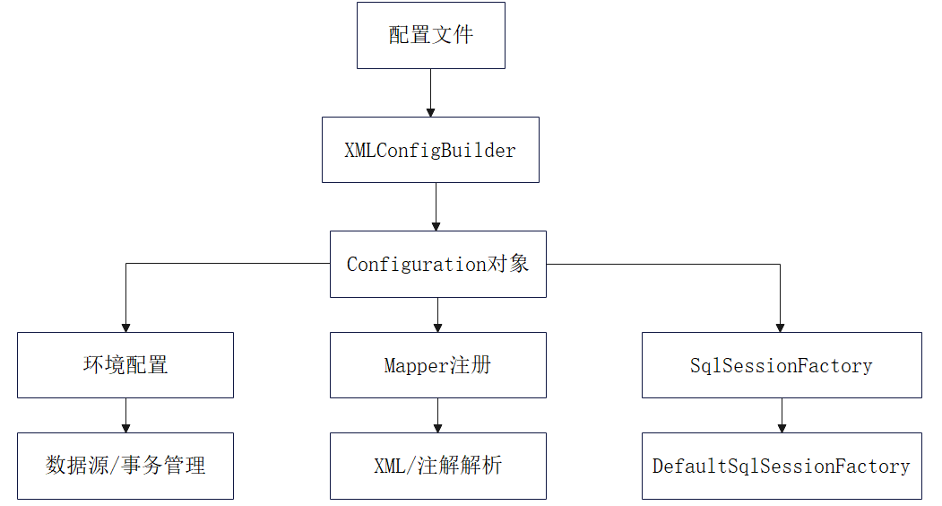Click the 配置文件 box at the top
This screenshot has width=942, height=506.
[x=430, y=36]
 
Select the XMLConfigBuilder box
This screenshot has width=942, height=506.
[x=430, y=150]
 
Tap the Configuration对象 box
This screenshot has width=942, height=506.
[x=437, y=265]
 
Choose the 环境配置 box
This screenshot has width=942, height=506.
[x=125, y=365]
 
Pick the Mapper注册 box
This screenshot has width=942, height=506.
[x=437, y=365]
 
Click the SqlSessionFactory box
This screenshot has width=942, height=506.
[x=782, y=365]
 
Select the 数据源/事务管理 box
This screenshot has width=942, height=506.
[x=125, y=466]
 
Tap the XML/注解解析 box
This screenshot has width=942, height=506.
[x=437, y=466]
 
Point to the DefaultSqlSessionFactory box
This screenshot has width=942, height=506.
[x=782, y=466]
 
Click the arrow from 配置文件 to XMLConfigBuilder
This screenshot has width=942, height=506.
[x=430, y=92]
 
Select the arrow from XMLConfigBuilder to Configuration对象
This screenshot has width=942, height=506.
[x=436, y=206]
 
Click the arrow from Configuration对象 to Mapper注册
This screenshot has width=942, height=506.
[x=437, y=315]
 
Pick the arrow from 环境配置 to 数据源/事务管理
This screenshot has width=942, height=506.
[x=125, y=415]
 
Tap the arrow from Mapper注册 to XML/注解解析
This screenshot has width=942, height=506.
[x=437, y=415]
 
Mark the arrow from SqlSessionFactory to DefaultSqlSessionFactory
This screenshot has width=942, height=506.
[x=782, y=415]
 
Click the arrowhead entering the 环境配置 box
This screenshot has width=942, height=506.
[x=125, y=327]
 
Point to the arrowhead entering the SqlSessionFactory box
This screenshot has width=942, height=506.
[x=781, y=327]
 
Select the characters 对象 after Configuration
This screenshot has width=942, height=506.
[x=507, y=264]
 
